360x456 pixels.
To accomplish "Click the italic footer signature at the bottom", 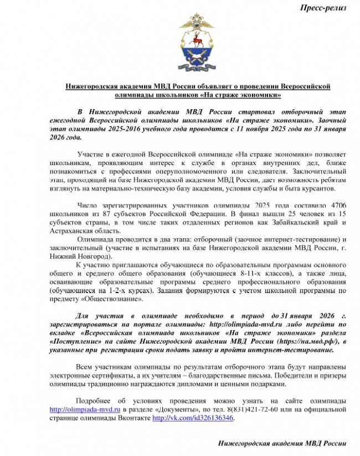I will (283, 444).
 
